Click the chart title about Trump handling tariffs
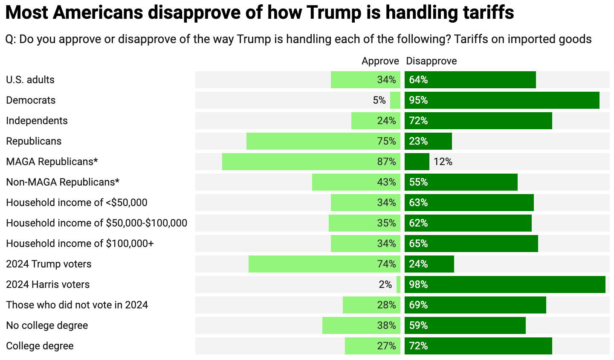pyautogui.click(x=259, y=13)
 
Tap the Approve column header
pyautogui.click(x=380, y=61)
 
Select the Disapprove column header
pyautogui.click(x=431, y=61)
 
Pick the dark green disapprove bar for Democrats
pyautogui.click(x=502, y=100)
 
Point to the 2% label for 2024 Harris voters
pyautogui.click(x=385, y=285)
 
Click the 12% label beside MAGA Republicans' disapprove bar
pyautogui.click(x=443, y=162)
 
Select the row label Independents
pyautogui.click(x=37, y=121)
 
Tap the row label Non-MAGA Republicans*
pyautogui.click(x=63, y=182)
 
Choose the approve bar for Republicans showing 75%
pyautogui.click(x=323, y=141)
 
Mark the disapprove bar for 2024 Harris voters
pyautogui.click(x=505, y=285)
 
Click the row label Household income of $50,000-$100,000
pyautogui.click(x=96, y=223)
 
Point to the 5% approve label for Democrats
pyautogui.click(x=379, y=100)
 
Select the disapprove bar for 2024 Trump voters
pyautogui.click(x=429, y=264)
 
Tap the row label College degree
pyautogui.click(x=40, y=346)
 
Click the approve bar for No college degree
pyautogui.click(x=361, y=325)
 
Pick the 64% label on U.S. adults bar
pyautogui.click(x=418, y=80)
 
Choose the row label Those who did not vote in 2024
pyautogui.click(x=77, y=305)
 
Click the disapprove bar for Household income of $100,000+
pyautogui.click(x=471, y=244)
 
